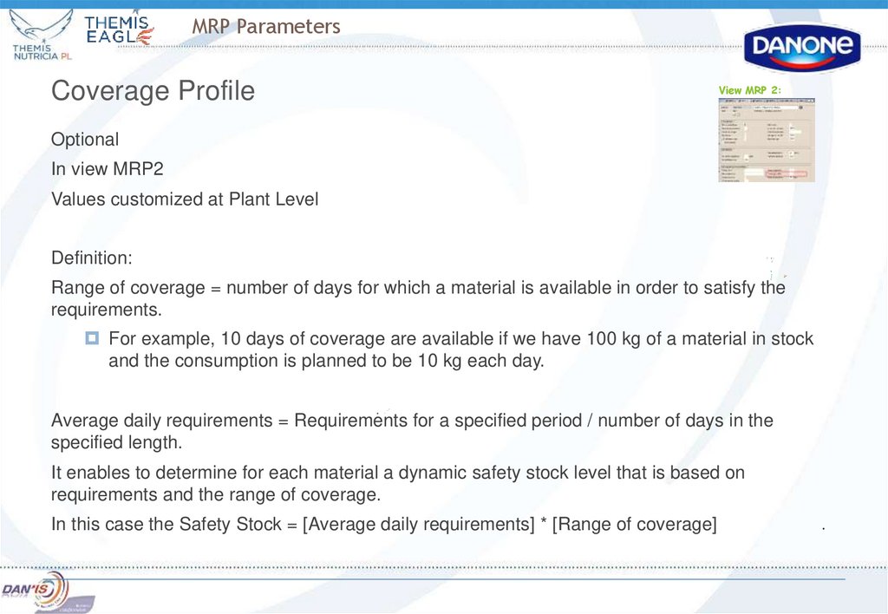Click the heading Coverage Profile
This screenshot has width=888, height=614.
click(x=153, y=90)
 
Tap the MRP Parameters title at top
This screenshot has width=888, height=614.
click(x=266, y=27)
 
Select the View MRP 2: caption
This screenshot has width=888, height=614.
click(x=750, y=90)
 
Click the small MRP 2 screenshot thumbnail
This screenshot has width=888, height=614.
click(x=767, y=139)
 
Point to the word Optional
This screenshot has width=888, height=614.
click(x=85, y=140)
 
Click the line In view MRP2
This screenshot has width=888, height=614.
click(x=107, y=169)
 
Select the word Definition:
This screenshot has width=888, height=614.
click(x=92, y=258)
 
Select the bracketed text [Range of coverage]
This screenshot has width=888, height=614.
click(x=634, y=525)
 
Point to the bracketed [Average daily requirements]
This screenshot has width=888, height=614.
click(x=418, y=525)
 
